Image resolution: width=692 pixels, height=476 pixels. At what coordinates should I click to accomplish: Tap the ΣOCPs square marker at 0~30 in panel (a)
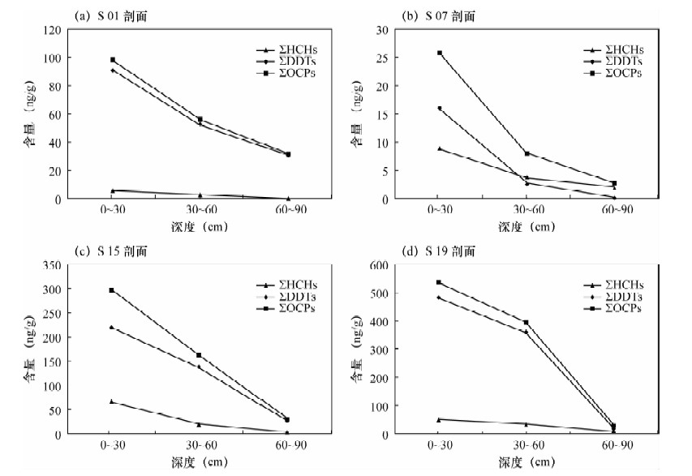113,60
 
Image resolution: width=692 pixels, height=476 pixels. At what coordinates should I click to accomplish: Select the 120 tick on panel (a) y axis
52,30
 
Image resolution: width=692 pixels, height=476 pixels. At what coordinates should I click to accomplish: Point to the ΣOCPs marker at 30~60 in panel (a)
200,119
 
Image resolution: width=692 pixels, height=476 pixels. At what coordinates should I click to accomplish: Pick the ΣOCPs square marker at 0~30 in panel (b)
439,53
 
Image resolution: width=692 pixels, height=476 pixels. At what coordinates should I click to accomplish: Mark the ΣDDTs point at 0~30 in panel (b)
439,108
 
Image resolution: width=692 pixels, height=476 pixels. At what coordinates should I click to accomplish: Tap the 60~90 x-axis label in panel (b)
613,210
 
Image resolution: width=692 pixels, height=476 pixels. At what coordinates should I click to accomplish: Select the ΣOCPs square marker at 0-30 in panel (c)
111,290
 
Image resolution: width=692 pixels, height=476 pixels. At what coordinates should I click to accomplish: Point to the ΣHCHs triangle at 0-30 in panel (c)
111,401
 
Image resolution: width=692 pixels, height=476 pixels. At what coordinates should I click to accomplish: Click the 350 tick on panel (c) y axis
49,265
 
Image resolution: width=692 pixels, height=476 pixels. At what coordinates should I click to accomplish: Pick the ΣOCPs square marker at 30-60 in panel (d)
526,323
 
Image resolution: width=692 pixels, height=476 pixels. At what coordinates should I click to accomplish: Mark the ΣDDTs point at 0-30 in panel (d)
439,298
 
